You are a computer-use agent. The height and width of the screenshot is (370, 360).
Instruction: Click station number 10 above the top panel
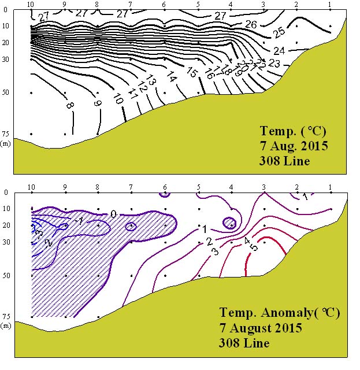[31, 5]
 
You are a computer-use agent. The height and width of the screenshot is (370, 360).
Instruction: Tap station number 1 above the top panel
[329, 5]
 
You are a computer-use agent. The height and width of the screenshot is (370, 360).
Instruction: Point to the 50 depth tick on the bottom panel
[6, 276]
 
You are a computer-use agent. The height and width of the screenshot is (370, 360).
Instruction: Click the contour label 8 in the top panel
[69, 106]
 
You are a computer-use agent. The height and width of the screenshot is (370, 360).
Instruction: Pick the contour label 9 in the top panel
[98, 103]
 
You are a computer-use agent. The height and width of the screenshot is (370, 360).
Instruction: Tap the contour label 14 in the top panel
[171, 76]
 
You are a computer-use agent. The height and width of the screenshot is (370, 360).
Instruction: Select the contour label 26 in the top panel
[251, 24]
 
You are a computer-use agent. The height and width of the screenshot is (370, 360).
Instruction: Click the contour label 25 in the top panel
[278, 31]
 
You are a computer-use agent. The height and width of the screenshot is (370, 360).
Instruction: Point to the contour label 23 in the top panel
[274, 63]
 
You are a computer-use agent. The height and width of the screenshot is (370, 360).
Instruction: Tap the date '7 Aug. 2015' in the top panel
[294, 146]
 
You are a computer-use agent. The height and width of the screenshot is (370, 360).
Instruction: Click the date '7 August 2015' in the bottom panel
[261, 328]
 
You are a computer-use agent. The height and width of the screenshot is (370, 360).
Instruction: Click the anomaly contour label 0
[113, 214]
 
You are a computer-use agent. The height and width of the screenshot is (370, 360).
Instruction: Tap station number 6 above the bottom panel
[165, 187]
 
